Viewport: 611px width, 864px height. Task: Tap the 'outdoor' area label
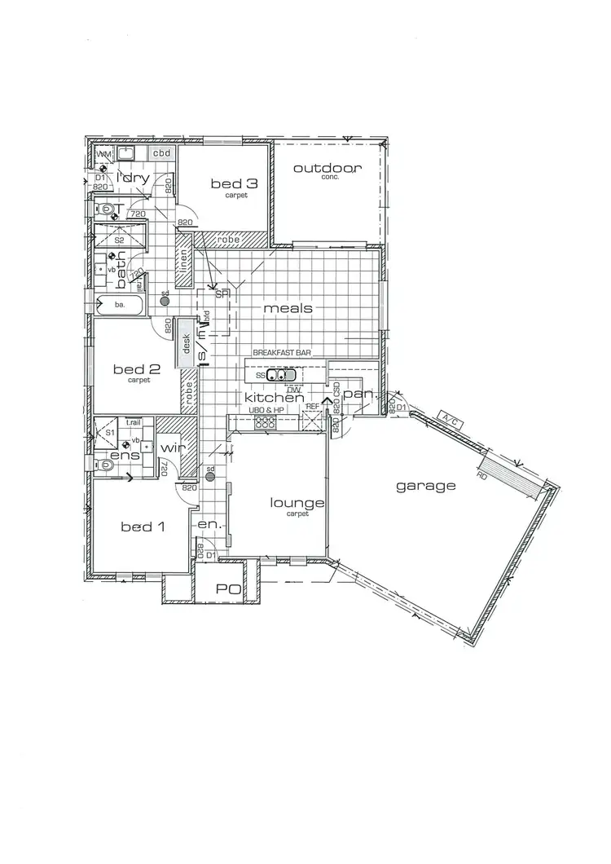(x=327, y=169)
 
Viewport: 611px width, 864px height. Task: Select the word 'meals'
(x=288, y=308)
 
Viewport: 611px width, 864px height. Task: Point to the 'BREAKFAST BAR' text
(x=277, y=353)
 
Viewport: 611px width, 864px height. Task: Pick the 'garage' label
(x=425, y=486)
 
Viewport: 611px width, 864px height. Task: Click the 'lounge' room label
(x=297, y=503)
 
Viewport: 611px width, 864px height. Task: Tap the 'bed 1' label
(x=143, y=527)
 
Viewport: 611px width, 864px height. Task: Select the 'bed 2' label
(x=138, y=368)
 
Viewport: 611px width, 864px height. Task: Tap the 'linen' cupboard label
(x=185, y=261)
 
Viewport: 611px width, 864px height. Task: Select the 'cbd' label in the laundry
(x=161, y=153)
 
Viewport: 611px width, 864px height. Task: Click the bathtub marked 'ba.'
(x=120, y=304)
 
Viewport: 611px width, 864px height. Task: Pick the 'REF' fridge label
(x=314, y=405)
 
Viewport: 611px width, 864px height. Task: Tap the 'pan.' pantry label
(x=358, y=394)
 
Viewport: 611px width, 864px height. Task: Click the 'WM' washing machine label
(x=103, y=153)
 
